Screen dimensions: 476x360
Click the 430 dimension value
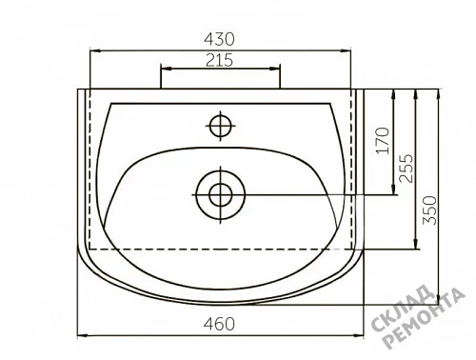[x=219, y=39]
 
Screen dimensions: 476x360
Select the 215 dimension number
[x=219, y=60]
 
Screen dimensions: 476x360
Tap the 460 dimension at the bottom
[x=219, y=324]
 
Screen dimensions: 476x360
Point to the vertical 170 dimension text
[x=383, y=141]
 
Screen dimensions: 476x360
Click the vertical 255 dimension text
[x=406, y=169]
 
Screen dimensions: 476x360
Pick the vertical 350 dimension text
[x=429, y=210]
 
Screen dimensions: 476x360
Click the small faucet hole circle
[x=221, y=126]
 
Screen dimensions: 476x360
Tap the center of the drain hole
[x=221, y=194]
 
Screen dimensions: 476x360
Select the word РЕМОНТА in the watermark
[x=425, y=319]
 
